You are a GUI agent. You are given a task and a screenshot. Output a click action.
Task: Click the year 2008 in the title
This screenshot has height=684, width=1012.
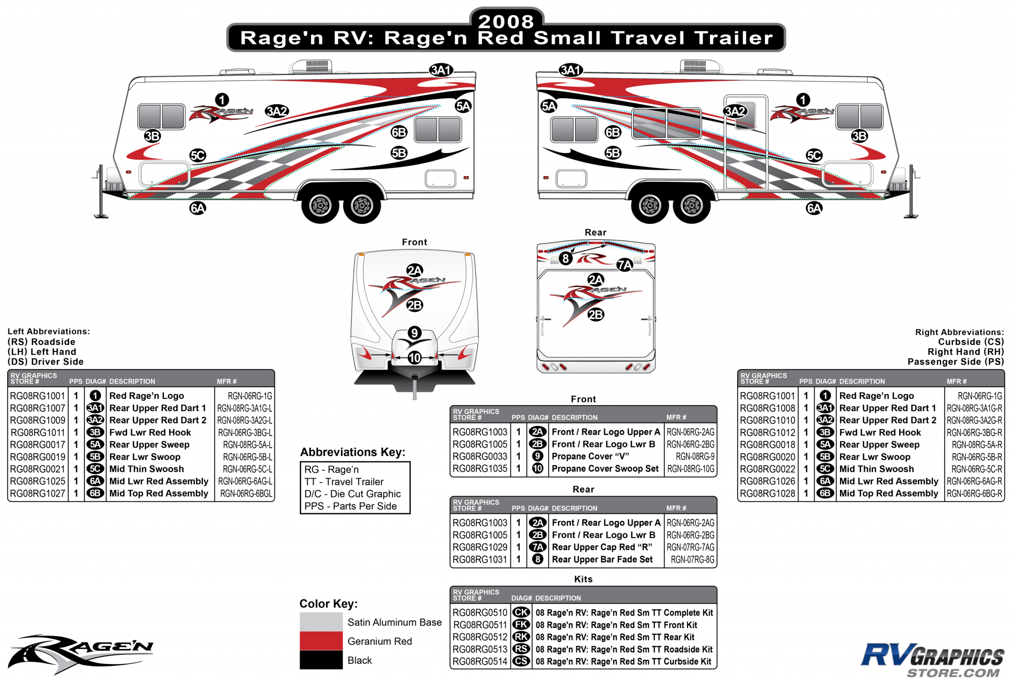506,21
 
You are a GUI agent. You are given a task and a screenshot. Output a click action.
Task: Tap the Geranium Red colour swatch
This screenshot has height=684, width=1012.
321,641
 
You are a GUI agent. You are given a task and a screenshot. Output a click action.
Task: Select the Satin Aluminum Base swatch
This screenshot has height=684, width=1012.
321,622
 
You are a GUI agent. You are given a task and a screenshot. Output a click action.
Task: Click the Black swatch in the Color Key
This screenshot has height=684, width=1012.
321,660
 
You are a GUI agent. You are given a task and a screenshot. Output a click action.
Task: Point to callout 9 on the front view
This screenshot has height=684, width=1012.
415,333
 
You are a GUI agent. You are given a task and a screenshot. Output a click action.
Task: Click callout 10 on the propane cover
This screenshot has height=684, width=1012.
415,358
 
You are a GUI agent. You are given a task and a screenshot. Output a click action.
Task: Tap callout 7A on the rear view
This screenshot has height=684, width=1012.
625,265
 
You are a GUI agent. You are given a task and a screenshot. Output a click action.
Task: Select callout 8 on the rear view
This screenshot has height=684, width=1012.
565,259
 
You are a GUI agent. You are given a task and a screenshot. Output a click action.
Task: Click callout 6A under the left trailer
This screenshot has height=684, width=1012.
198,208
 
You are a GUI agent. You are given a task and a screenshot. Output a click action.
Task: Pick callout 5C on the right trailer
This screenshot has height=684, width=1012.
814,155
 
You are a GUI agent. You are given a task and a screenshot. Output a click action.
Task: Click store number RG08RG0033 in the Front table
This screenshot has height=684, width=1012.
479,456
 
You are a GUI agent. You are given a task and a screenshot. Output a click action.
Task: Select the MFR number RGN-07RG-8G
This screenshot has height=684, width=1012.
692,559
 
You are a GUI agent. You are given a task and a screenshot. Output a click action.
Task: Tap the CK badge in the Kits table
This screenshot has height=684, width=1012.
521,613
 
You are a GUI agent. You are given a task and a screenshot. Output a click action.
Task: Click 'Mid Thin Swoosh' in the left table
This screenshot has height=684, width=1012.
147,469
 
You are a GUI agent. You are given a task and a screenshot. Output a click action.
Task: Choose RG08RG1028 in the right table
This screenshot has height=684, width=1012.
767,493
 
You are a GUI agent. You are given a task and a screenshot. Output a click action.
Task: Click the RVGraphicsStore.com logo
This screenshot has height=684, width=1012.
932,660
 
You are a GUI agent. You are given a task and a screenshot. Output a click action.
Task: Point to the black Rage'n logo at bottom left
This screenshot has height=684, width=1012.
81,654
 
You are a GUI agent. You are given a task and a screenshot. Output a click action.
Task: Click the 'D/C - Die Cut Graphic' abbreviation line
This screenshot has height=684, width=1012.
352,494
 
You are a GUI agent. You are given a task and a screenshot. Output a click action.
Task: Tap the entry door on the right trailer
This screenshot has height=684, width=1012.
746,142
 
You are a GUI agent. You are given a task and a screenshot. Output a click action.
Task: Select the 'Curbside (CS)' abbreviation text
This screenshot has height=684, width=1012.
971,342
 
